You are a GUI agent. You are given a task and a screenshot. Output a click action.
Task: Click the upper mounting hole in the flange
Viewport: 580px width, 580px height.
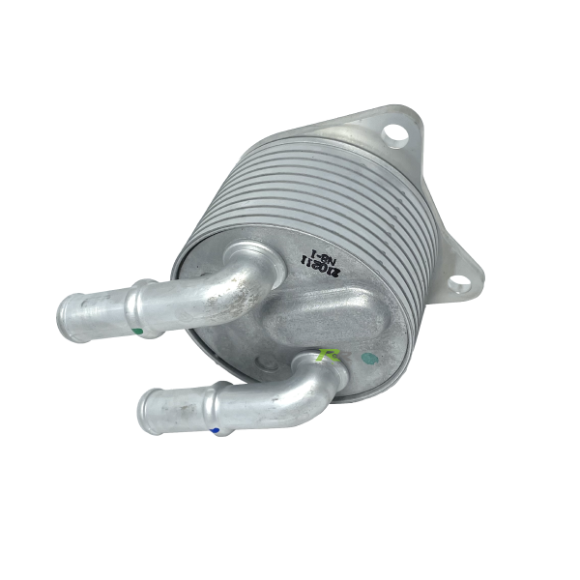tap(394, 134)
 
